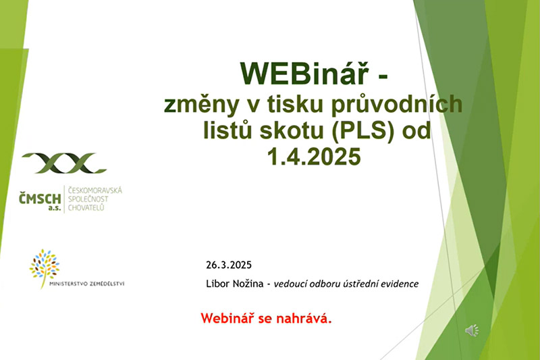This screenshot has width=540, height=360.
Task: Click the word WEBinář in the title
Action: point(304,73)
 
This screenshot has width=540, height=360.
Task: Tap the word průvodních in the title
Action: point(397,105)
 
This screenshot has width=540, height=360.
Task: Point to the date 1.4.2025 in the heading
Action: point(314,157)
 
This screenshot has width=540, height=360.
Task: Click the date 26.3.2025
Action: point(229,265)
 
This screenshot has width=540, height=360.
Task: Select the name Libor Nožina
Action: point(234,284)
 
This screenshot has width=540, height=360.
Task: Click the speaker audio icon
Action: point(472,330)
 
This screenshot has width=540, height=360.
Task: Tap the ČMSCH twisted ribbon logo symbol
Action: point(64,163)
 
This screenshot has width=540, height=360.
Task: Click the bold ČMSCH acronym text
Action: point(40,199)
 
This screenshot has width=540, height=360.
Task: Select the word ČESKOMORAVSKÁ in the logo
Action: point(95,190)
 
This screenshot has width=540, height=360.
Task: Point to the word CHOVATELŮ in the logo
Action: point(86,208)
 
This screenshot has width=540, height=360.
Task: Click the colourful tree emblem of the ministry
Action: point(44,268)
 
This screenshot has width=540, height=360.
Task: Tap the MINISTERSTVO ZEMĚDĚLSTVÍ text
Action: point(87,284)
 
